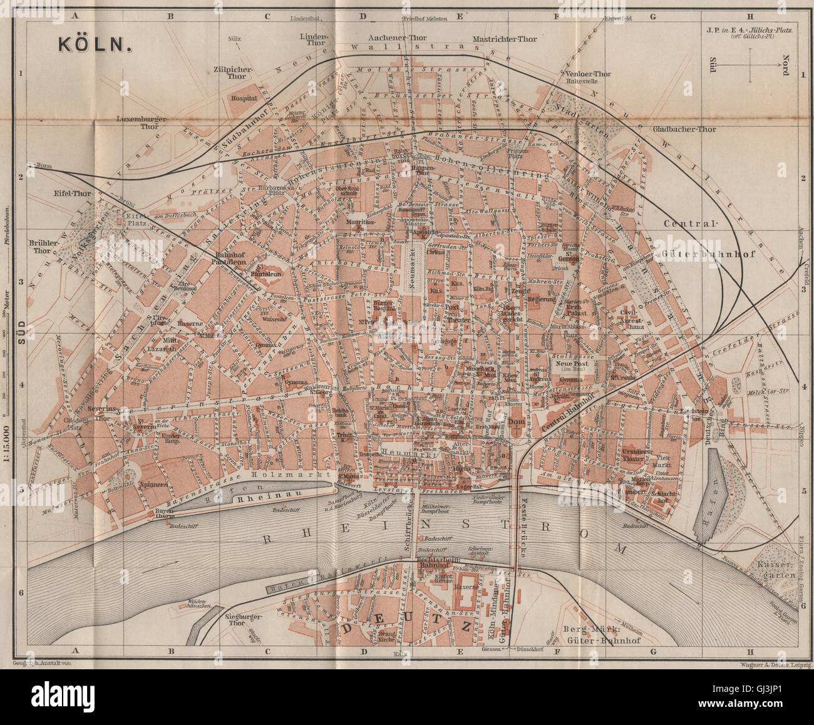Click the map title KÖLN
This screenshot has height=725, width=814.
tap(95, 44)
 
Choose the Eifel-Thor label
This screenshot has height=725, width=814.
tap(73, 193)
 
